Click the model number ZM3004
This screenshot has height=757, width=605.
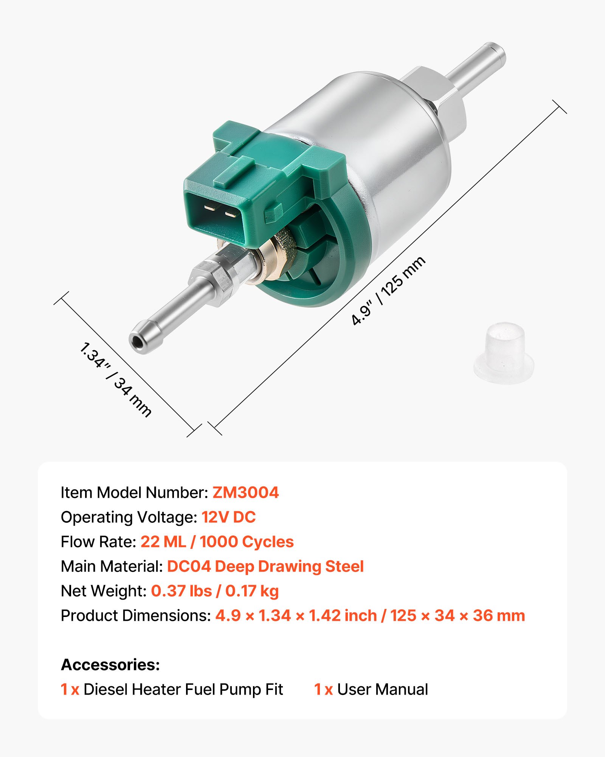(x=245, y=492)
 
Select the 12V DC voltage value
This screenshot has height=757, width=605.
(x=228, y=517)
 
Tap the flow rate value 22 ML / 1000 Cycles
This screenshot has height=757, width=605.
(x=217, y=542)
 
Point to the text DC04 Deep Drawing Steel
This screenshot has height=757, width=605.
(x=265, y=566)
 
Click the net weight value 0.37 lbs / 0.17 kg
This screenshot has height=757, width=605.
(x=215, y=591)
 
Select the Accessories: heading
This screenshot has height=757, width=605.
(x=110, y=665)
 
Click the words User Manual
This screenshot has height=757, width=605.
(x=382, y=689)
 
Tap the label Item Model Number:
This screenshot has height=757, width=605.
(x=134, y=492)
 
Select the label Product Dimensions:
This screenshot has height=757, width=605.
(x=136, y=615)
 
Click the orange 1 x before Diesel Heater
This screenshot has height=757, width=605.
(x=70, y=689)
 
